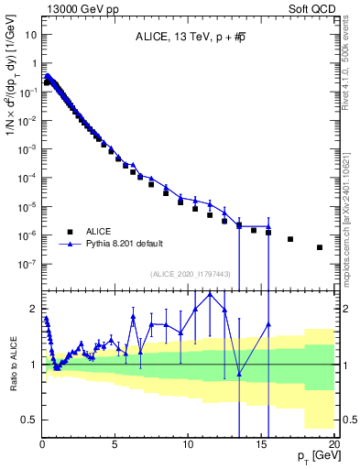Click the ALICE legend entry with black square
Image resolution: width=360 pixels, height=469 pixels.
[x=102, y=232]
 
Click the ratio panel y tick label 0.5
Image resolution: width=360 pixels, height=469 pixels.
[x=28, y=420]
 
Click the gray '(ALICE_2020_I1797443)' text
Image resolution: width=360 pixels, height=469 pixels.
[x=188, y=274]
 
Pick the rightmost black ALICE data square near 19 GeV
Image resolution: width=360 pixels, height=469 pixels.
[x=320, y=247]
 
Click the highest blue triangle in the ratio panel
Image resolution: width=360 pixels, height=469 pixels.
[x=210, y=293]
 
